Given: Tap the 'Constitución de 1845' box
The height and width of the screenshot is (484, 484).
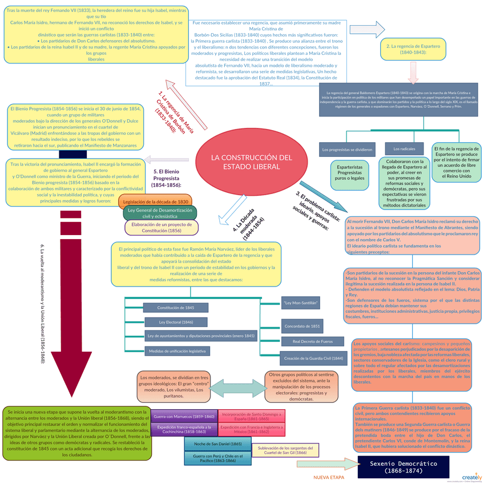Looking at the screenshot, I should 175,308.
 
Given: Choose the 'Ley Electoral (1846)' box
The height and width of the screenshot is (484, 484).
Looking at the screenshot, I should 176,322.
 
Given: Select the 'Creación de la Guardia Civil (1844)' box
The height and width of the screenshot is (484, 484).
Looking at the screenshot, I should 313,358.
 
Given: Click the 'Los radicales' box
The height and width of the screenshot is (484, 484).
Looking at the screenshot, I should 404,149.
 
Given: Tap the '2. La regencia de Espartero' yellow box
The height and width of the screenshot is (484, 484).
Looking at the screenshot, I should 406,49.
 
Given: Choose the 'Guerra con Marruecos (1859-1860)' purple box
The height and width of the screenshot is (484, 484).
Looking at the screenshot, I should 184,417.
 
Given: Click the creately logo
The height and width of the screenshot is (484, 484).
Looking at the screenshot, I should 471,477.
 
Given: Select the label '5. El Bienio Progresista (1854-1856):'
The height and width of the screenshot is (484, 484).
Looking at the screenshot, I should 167,178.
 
